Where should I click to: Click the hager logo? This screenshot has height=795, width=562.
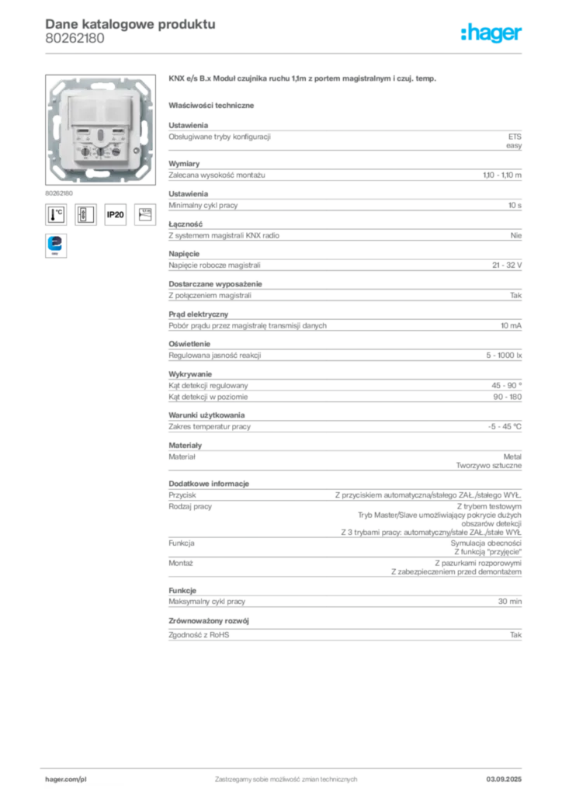491,33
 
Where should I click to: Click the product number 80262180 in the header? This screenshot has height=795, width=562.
75,39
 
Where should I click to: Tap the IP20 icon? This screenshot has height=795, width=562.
115,214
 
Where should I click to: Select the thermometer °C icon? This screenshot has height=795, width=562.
56,214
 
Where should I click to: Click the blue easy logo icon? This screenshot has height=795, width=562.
56,245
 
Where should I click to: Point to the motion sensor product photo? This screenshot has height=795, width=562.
100,130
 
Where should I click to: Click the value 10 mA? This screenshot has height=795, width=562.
511,325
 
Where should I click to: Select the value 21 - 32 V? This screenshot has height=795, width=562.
507,266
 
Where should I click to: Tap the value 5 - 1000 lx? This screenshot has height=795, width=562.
504,356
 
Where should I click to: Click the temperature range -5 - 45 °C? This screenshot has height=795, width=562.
505,426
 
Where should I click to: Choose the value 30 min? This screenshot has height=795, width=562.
510,602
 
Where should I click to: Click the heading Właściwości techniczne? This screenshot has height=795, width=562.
211,106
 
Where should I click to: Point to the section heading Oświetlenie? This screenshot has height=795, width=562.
189,344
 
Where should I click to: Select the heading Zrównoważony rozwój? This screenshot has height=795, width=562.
209,621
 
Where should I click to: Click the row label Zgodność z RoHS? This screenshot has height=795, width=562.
199,635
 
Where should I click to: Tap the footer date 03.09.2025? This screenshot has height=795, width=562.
504,779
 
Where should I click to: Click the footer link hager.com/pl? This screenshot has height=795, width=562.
66,779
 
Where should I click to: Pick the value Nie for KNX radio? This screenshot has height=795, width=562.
516,235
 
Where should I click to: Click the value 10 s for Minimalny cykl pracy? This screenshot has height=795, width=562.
515,205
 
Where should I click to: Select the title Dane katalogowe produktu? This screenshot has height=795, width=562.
130,24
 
